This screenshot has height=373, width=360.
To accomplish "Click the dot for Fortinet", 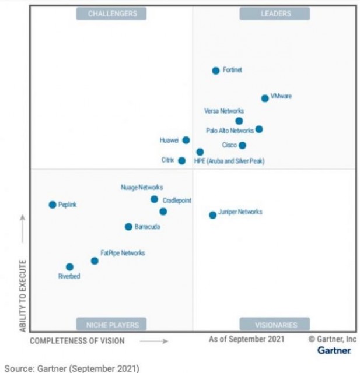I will coord(216,71).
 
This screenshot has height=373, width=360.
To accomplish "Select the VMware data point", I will coord(265,98).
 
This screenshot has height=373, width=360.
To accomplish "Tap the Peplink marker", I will coord(53,205).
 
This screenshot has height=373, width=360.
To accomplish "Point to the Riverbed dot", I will coord(69,267).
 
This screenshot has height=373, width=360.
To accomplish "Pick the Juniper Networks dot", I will coord(213,215).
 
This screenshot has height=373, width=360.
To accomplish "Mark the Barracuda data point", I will coord(128,227).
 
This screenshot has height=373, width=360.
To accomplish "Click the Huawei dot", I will coord(186,140).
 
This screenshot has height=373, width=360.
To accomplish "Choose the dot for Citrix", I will coord(182,160).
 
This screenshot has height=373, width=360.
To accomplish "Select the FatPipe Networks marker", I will coord(95,261).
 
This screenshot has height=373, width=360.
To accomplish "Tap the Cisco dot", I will coord(243,145).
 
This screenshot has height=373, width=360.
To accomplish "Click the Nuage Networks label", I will coord(142,188).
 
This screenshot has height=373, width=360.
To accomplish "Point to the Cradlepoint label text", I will coord(177,200).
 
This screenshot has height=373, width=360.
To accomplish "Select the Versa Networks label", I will coord(224,111).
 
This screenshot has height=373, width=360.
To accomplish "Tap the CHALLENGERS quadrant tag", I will coord(112,13).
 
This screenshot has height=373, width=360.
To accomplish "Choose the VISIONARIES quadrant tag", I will coord(276,325).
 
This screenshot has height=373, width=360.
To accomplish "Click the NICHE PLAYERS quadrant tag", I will coord(112,325).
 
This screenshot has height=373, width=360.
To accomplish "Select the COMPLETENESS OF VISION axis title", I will coord(77,340).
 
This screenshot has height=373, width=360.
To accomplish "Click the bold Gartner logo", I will coord(334,350).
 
